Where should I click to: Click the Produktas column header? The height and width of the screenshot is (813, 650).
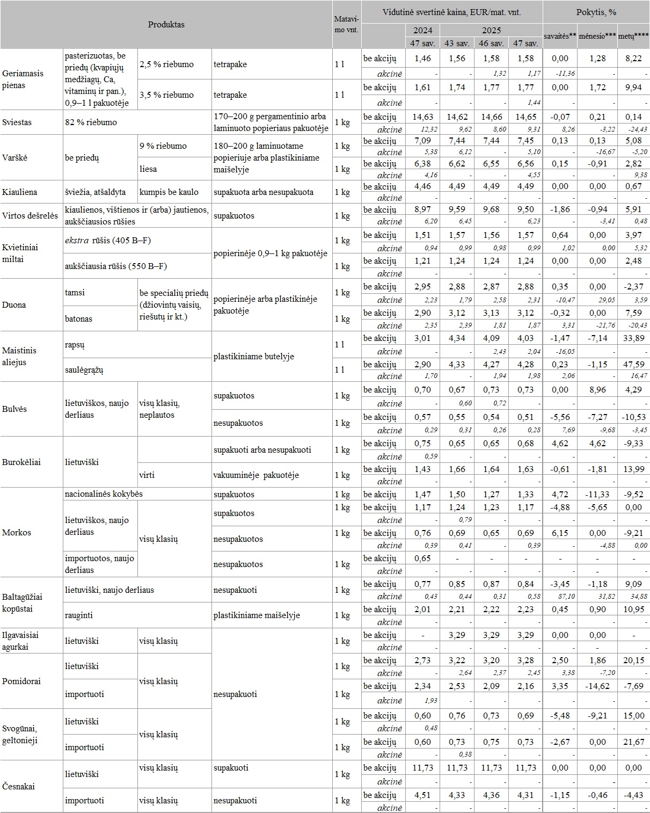166,25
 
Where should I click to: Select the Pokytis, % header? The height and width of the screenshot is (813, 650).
596,12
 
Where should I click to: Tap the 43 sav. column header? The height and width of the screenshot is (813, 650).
457,43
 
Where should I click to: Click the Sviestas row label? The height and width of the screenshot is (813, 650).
17,122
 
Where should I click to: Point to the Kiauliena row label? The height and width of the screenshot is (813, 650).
20,192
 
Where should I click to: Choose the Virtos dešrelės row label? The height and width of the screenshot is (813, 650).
30,216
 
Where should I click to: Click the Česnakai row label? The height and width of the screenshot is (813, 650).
18,787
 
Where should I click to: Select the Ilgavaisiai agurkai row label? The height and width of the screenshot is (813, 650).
20,641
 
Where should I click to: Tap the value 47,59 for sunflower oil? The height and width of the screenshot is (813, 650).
633,365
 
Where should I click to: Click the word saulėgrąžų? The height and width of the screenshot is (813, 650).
84,370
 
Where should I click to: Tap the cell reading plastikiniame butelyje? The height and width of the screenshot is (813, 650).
253,357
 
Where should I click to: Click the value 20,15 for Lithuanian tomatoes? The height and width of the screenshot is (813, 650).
633,660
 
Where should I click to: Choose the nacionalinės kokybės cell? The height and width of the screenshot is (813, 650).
104,494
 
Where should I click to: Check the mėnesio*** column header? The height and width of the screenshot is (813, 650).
597,37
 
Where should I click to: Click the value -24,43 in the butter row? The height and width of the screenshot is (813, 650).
633,129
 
